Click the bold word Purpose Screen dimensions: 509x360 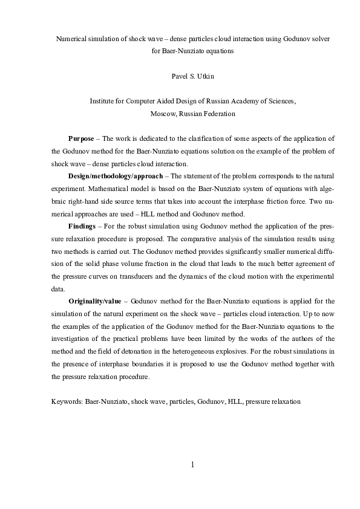(82, 138)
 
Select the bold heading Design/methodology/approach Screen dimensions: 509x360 (115, 175)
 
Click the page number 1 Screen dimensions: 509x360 (192, 465)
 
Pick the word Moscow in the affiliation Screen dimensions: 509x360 (163, 113)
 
